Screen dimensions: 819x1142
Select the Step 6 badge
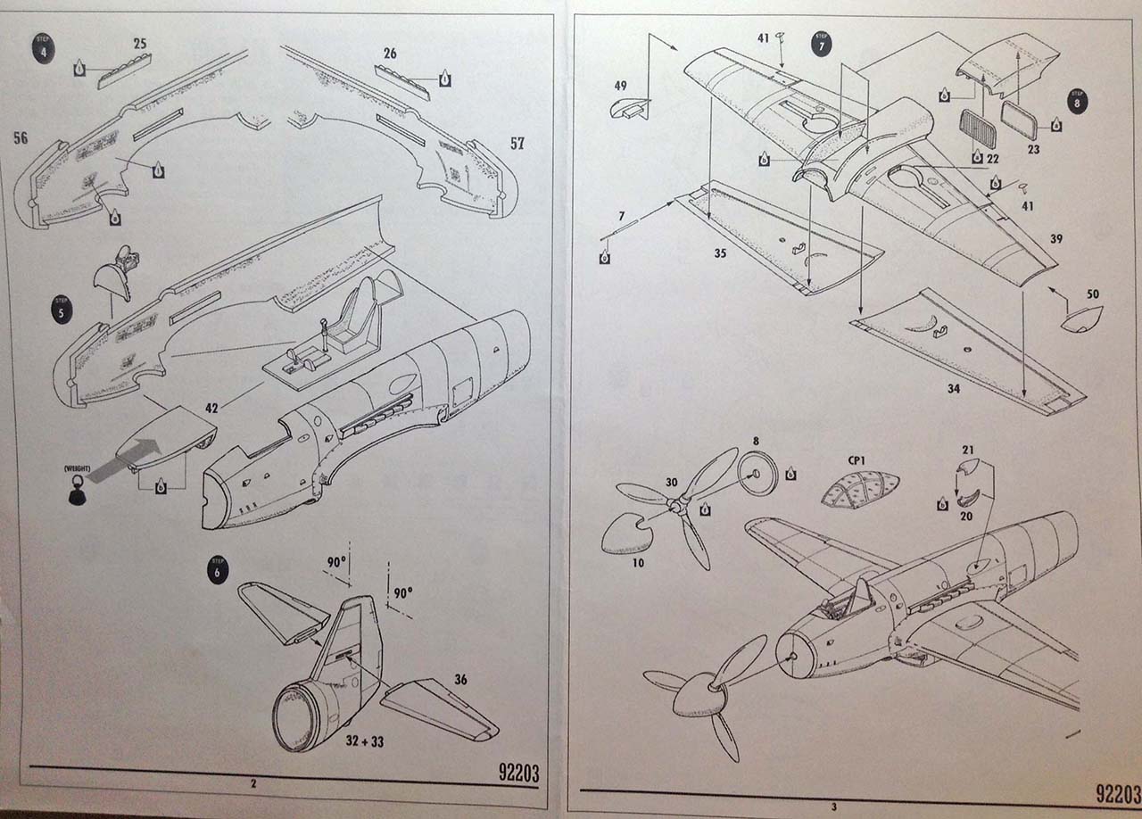(217, 568)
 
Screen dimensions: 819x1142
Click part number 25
(140, 43)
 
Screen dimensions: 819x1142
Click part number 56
(21, 137)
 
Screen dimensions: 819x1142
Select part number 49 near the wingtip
(621, 86)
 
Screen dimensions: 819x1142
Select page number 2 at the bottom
(254, 783)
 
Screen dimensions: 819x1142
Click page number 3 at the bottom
(834, 807)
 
